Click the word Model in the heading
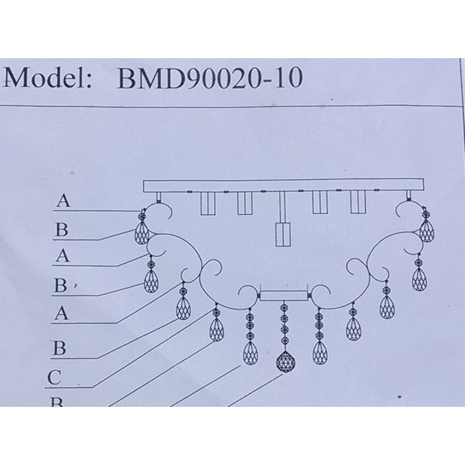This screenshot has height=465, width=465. click(x=47, y=78)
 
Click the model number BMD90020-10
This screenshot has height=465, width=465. click(x=210, y=78)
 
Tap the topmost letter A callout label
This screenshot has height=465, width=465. click(x=63, y=201)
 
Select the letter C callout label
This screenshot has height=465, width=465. click(x=54, y=377)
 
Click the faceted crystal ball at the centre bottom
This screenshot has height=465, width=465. click(x=284, y=362)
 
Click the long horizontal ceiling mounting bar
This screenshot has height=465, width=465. click(x=283, y=185)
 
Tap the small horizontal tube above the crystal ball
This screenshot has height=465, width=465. click(x=284, y=295)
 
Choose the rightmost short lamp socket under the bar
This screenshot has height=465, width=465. click(x=358, y=202)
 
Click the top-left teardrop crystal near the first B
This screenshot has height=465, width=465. click(x=142, y=233)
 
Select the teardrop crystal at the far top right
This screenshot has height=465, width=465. click(x=427, y=231)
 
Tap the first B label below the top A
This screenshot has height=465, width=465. click(x=62, y=230)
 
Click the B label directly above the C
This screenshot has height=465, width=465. click(x=59, y=348)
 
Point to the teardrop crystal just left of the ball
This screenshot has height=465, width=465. click(x=251, y=353)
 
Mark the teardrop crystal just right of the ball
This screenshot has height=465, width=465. click(x=320, y=353)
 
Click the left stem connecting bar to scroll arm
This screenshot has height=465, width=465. click(x=159, y=197)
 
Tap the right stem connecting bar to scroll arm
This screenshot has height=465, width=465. click(x=409, y=196)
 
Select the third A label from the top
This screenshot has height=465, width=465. click(x=62, y=313)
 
